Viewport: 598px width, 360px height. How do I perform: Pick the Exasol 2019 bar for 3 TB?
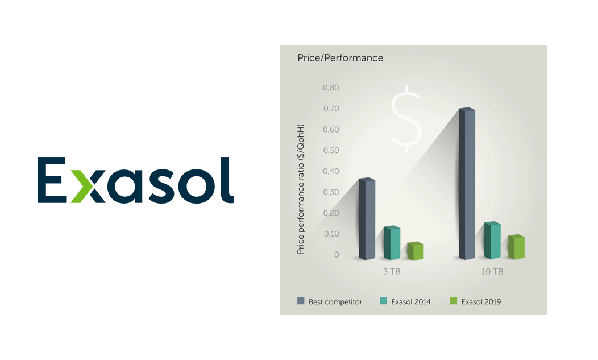point(415,251)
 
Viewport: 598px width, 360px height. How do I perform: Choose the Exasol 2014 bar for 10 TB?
point(492,241)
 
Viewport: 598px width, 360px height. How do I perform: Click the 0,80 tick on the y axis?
point(330,88)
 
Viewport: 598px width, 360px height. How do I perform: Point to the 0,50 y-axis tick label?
point(330,151)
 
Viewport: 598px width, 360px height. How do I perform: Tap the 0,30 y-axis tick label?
point(330,192)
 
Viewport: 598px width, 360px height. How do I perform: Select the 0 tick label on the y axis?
point(337,255)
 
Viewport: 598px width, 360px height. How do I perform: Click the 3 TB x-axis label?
point(391,272)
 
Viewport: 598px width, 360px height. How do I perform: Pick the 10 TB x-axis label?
point(492,272)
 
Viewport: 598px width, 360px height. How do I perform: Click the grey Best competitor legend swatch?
point(300,301)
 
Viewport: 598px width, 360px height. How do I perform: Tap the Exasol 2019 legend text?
point(481,302)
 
